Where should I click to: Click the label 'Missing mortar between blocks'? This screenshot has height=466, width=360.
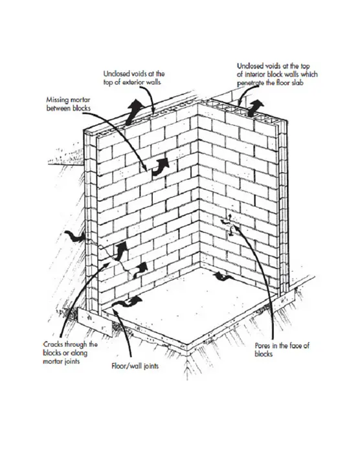[68, 104]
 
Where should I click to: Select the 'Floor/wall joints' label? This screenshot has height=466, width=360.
[135, 366]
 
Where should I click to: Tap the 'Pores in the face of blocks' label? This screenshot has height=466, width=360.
[282, 349]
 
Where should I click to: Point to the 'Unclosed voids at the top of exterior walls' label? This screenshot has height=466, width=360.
[134, 78]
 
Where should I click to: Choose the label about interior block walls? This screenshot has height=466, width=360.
[277, 74]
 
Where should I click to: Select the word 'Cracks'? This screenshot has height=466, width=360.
[52, 344]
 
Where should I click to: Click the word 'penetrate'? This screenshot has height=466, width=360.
[251, 83]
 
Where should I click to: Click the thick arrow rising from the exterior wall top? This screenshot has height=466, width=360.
[133, 112]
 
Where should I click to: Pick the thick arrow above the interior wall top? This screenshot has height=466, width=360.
[255, 108]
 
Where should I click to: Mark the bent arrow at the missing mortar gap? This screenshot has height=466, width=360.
[161, 166]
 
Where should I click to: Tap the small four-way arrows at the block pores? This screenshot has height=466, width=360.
[230, 225]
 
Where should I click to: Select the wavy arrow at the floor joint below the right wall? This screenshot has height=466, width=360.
[223, 277]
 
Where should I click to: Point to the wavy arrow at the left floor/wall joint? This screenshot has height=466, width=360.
[127, 302]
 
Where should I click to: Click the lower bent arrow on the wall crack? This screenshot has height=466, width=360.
[140, 270]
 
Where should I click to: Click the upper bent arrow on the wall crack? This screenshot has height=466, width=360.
[121, 251]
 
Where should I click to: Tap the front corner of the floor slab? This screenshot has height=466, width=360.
[187, 346]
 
